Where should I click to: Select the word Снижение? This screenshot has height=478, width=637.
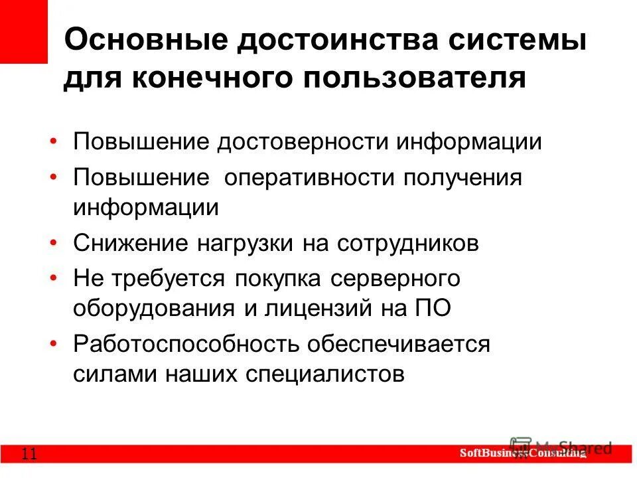point(130,242)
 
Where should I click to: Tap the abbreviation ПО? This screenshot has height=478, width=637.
point(435,309)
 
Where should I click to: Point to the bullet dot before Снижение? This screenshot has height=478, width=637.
point(53,242)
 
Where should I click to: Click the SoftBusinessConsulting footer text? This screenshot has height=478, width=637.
point(524,453)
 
